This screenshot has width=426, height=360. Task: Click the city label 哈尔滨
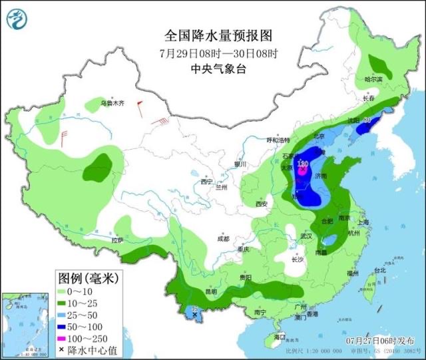(x=375, y=79)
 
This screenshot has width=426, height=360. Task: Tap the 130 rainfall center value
(x=303, y=164)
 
